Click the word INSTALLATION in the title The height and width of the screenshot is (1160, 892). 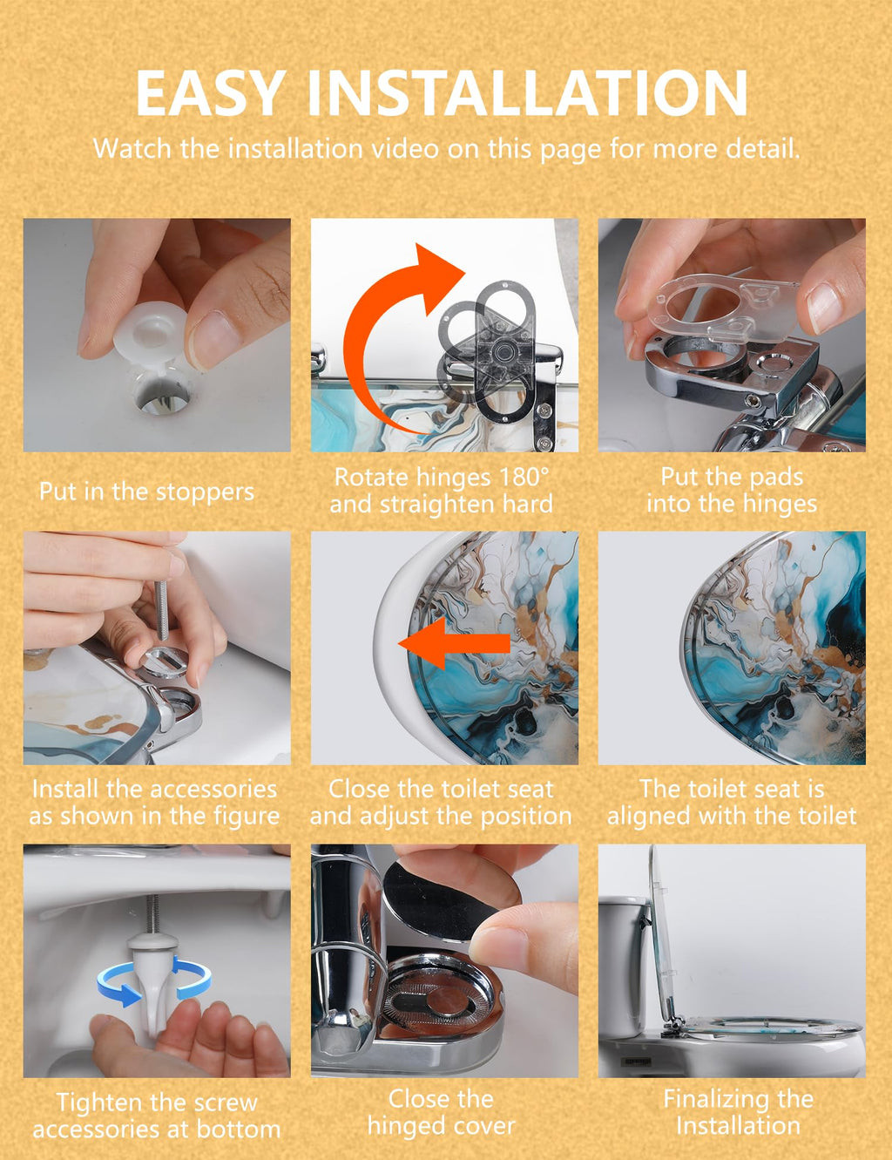tap(528, 93)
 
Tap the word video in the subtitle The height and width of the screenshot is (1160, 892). tap(405, 148)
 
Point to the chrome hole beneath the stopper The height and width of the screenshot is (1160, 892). tap(162, 399)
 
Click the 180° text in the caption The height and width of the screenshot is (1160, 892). tap(524, 477)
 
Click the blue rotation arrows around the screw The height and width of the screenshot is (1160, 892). tap(153, 980)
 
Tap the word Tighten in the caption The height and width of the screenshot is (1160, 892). tap(98, 1102)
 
